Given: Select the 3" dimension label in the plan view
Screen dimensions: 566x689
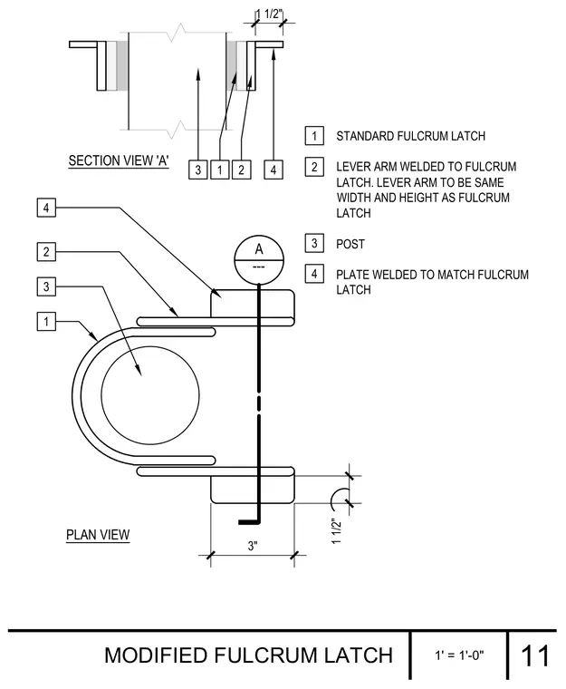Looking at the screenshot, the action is click(253, 546).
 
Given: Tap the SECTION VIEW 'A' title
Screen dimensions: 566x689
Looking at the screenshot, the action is click(119, 160).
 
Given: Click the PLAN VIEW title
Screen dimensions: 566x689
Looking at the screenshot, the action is click(98, 535).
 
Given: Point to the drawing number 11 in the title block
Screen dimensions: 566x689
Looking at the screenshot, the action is click(535, 656).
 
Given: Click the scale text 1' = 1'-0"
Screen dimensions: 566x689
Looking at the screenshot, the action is click(459, 655).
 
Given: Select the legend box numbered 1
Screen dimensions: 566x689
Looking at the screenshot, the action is click(314, 136).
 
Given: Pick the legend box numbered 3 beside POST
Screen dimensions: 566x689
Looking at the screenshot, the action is click(314, 243).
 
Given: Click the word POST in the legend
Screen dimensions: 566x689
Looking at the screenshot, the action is click(350, 244).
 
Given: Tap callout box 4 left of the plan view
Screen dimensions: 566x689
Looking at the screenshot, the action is click(46, 208).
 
